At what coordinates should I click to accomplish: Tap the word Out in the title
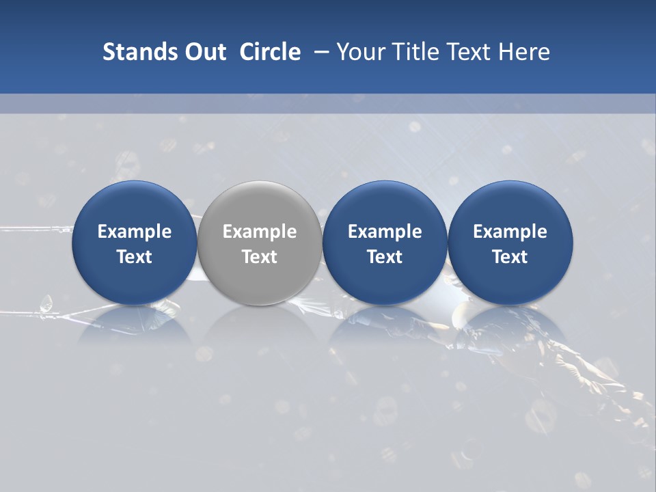point(204,52)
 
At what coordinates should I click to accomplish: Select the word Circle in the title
point(270,52)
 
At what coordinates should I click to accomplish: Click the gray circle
point(260,243)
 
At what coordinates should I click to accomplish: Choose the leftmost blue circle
point(134,243)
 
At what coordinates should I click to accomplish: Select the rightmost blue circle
point(510,243)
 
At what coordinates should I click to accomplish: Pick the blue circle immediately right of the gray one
point(385,243)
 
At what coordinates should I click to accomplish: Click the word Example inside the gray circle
point(260,232)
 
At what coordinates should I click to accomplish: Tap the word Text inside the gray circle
point(260,257)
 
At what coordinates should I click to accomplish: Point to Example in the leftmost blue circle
point(134,232)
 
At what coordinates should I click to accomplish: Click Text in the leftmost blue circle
point(134,257)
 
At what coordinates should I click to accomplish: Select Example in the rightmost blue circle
point(510,232)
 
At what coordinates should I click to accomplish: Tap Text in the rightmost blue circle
point(510,257)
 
